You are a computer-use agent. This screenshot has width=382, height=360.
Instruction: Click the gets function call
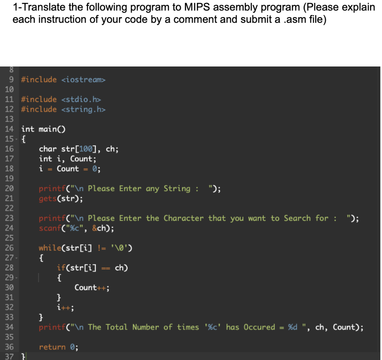click(47, 198)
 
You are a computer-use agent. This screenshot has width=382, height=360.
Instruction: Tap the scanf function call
click(50, 228)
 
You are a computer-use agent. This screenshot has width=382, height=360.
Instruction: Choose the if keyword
click(61, 268)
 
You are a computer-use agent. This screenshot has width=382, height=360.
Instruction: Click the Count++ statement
click(92, 288)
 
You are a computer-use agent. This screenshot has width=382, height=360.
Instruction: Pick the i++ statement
click(65, 308)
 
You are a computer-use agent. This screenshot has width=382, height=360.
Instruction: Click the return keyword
click(52, 347)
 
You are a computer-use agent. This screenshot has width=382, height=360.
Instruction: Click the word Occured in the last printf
click(259, 327)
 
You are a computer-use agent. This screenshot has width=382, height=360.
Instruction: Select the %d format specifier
click(293, 327)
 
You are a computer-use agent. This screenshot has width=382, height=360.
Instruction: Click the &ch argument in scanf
click(98, 228)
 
